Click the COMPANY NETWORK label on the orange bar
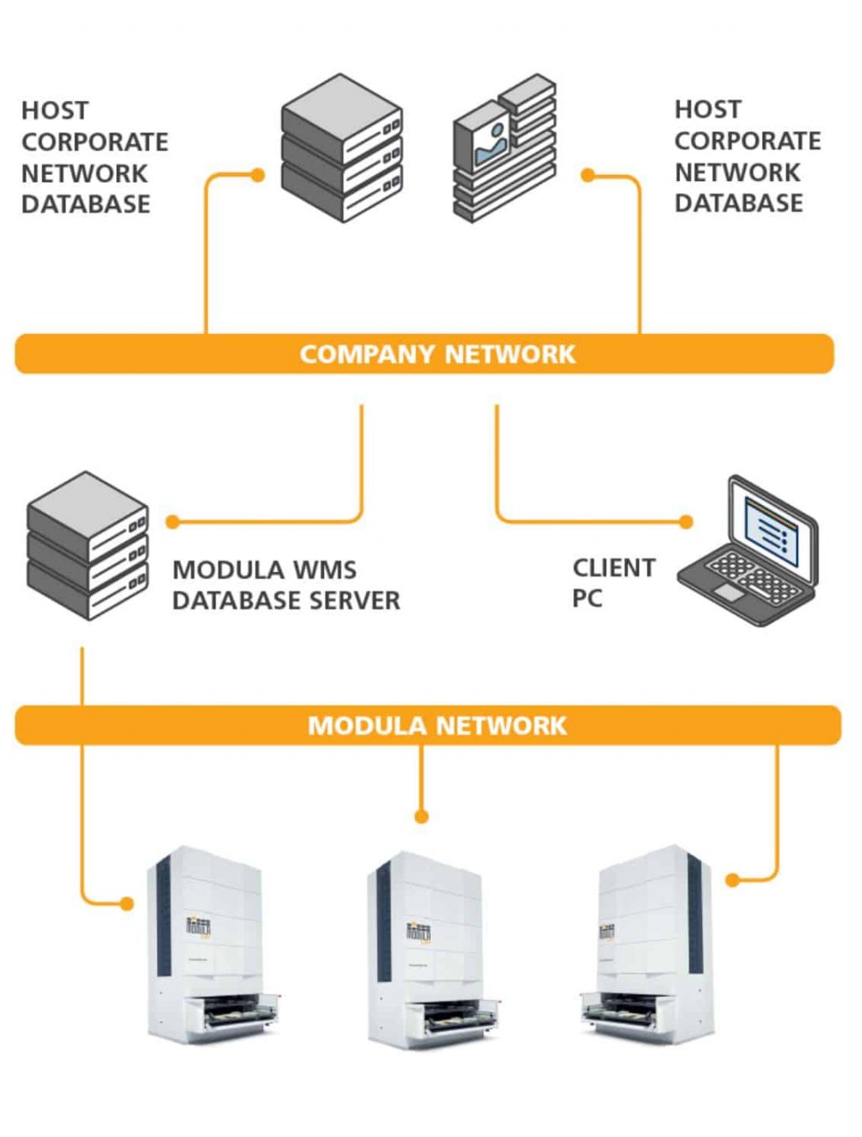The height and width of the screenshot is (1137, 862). point(437,354)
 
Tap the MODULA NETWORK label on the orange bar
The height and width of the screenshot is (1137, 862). point(437,725)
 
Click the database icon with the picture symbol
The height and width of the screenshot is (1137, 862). point(503,149)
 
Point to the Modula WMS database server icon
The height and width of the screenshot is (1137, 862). point(88,546)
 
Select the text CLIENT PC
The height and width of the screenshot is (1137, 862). point(613,583)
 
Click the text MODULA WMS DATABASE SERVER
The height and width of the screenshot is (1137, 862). point(285,585)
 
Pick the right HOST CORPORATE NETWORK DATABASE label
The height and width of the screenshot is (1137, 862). point(747,157)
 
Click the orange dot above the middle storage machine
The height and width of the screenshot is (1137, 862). point(422,816)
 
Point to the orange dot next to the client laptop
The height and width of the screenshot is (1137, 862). point(686,522)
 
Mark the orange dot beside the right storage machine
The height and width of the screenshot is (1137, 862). point(732,880)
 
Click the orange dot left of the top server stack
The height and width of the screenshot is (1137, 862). point(258,175)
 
